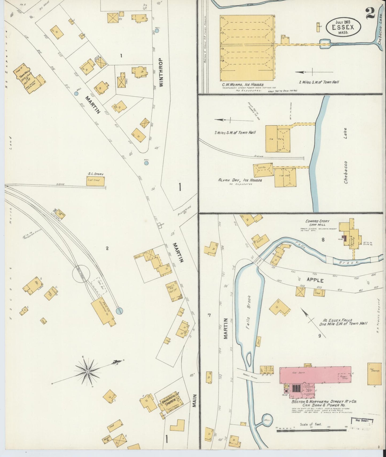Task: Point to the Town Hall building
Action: (x=29, y=79)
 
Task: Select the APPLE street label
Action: (x=315, y=280)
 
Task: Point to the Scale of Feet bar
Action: (x=311, y=430)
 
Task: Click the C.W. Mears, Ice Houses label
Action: (x=242, y=85)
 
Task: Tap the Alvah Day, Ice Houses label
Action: (x=240, y=180)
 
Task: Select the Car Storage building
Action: (x=374, y=374)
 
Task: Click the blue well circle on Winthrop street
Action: (x=157, y=31)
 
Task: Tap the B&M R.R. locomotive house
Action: (x=103, y=311)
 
